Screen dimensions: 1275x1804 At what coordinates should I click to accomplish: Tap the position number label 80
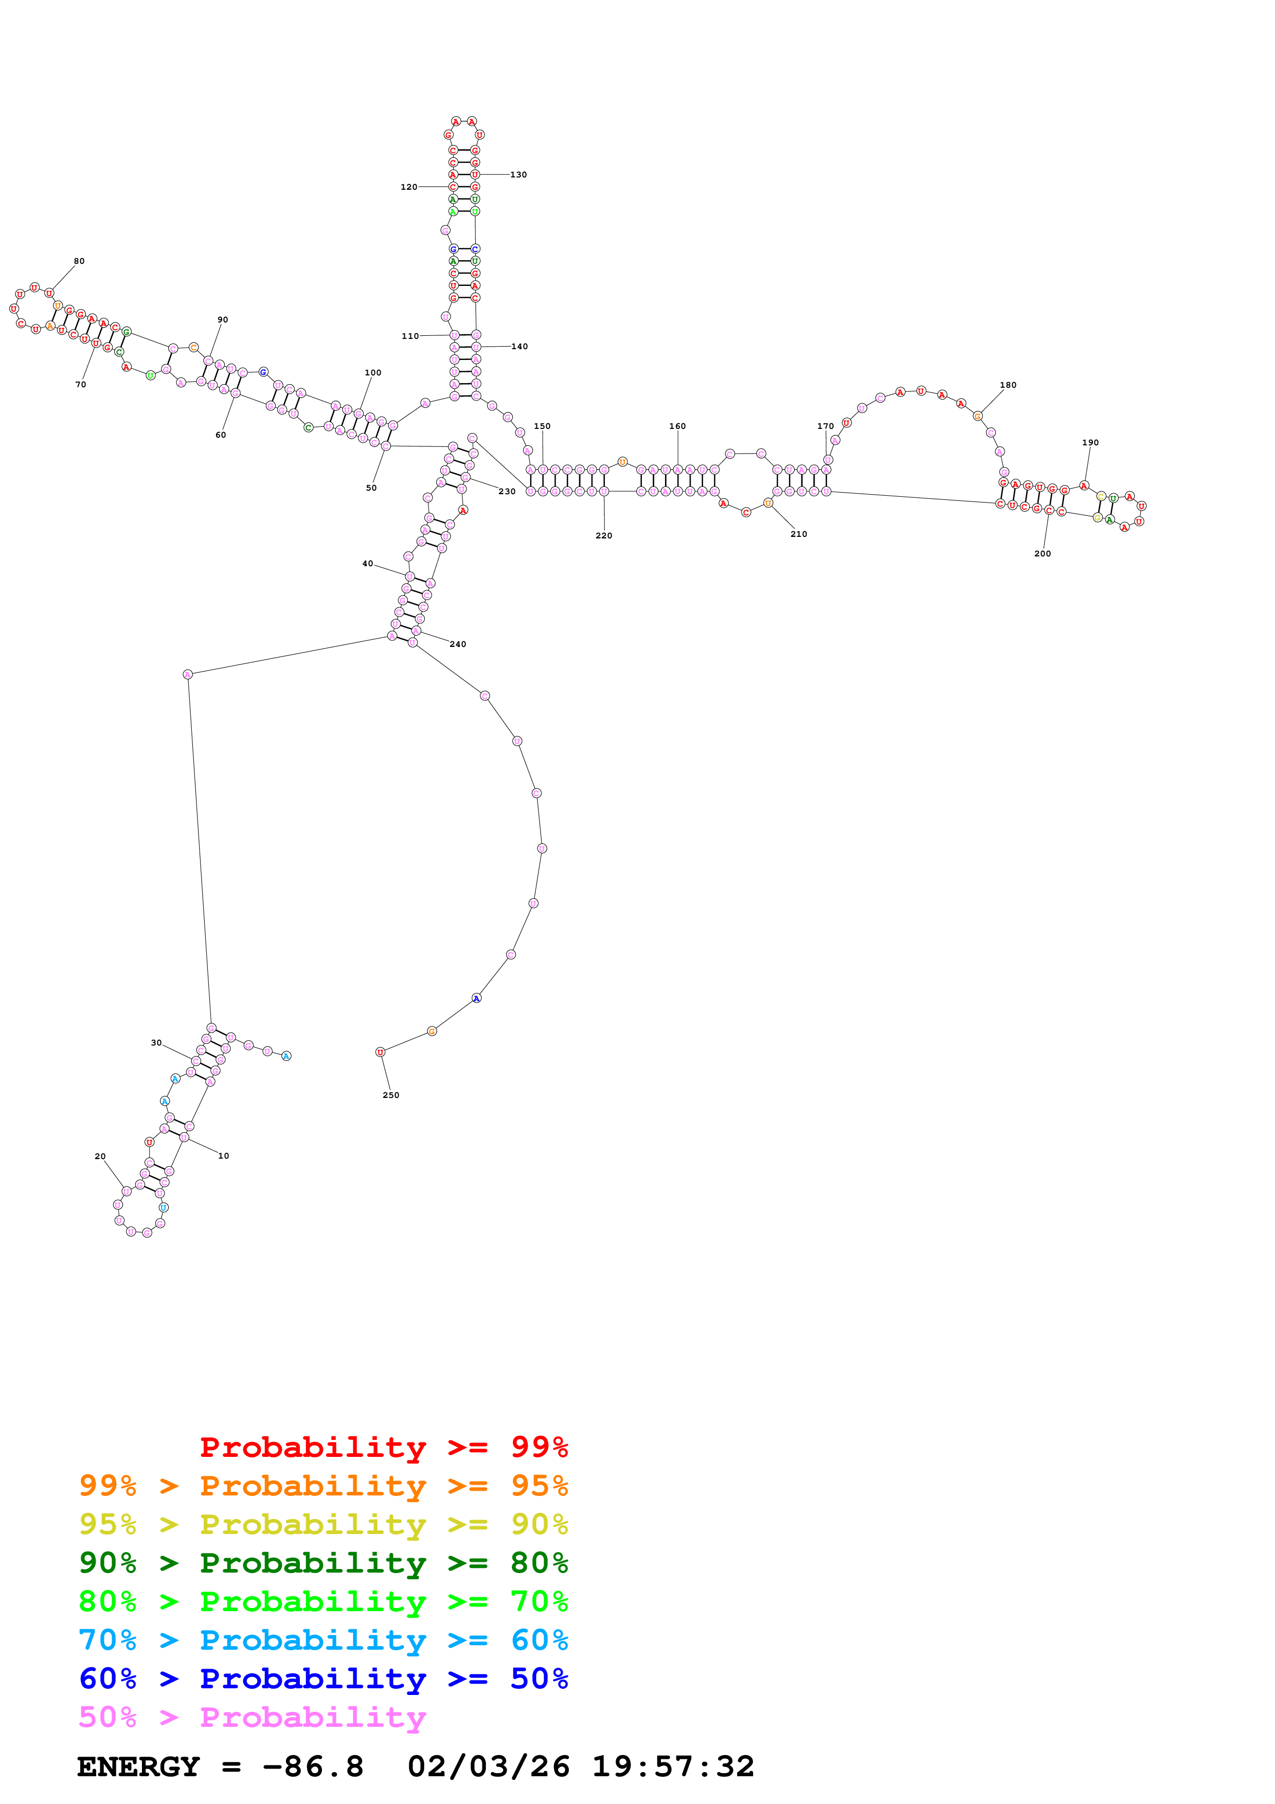[x=79, y=261]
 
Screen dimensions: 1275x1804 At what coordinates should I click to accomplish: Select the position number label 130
[x=518, y=174]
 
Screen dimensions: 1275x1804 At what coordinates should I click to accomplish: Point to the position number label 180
[x=1008, y=385]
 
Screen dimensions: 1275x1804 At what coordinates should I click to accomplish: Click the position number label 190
[x=1090, y=442]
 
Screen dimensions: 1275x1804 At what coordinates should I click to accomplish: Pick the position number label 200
[x=1043, y=553]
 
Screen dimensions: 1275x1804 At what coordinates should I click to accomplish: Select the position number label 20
[x=100, y=1156]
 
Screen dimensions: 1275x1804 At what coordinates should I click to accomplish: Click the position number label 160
[x=677, y=426]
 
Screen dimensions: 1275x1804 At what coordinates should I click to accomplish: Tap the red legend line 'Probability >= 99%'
[x=383, y=1447]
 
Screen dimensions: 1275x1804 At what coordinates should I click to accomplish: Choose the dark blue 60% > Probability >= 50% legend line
[x=323, y=1679]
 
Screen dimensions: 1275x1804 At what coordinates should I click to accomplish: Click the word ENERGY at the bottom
[x=138, y=1766]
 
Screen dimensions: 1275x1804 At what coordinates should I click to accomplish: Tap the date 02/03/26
[x=488, y=1766]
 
